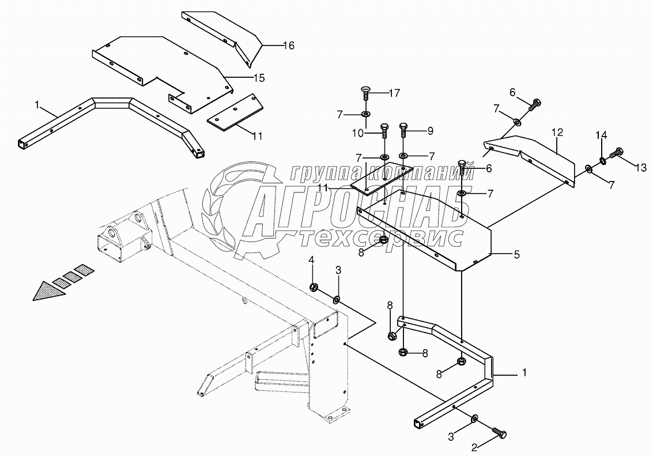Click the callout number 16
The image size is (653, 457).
coord(288,46)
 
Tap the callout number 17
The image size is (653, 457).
coord(394,92)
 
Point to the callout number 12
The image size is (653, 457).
coord(557,132)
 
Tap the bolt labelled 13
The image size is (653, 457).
coord(616,152)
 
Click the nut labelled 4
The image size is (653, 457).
coord(314,286)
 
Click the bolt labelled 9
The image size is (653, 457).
coord(403,129)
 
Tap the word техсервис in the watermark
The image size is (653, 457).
coord(382,237)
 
